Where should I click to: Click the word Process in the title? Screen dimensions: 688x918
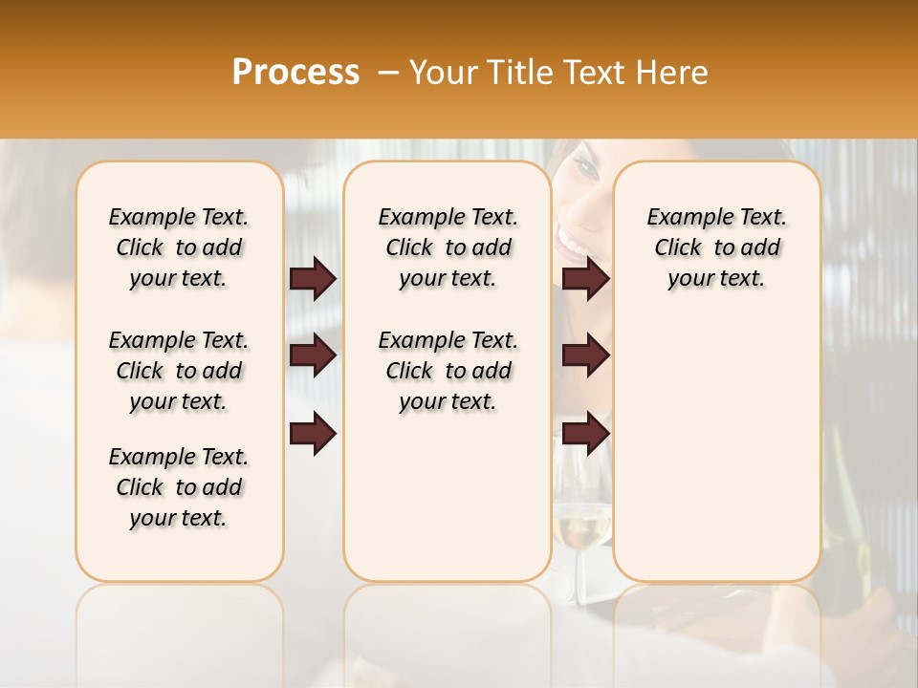click(x=295, y=73)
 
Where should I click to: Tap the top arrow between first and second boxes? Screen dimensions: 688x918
click(x=313, y=279)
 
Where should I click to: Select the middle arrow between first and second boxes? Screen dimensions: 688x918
click(x=313, y=356)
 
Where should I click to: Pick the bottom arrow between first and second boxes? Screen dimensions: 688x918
click(x=313, y=433)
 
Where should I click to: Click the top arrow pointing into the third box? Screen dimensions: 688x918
click(x=585, y=279)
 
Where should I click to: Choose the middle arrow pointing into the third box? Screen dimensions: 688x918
click(x=585, y=356)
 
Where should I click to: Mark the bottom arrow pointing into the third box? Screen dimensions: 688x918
click(x=585, y=433)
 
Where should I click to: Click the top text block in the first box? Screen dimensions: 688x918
click(x=179, y=247)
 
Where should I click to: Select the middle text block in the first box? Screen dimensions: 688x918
click(x=179, y=371)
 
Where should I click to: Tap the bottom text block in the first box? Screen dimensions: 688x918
click(x=179, y=487)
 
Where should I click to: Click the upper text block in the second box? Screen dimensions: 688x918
click(x=448, y=247)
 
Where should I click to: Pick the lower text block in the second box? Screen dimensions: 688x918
click(x=448, y=371)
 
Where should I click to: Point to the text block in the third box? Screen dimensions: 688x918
click(x=716, y=247)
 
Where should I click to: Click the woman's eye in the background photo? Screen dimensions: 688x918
click(x=584, y=171)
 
